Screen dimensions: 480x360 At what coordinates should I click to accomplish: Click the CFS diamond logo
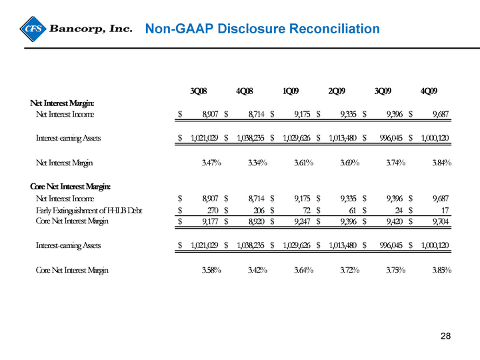click(33, 29)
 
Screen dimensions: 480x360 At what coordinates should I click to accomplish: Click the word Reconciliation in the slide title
click(334, 29)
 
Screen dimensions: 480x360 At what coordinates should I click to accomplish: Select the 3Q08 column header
click(199, 91)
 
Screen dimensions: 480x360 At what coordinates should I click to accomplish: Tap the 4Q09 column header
click(429, 91)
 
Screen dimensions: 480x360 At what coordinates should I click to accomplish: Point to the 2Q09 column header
click(337, 91)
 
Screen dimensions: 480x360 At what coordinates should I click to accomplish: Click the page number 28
click(446, 336)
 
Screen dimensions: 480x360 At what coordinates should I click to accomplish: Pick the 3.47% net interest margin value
click(211, 163)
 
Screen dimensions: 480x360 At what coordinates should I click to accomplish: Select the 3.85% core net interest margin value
click(442, 270)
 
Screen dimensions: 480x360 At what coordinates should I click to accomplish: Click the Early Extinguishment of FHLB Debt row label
click(89, 210)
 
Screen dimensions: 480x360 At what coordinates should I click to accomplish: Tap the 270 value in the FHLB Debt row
click(212, 210)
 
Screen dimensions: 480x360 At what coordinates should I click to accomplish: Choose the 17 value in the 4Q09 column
click(445, 210)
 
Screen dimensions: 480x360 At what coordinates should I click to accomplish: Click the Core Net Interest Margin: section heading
click(71, 187)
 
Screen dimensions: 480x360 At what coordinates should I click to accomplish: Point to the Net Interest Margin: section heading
click(62, 103)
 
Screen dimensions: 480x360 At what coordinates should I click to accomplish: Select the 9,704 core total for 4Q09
click(441, 221)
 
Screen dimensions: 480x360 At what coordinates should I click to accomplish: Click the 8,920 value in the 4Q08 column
click(256, 221)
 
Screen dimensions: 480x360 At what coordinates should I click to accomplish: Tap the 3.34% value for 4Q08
click(257, 163)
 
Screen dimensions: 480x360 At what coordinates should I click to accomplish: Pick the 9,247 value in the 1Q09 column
click(303, 221)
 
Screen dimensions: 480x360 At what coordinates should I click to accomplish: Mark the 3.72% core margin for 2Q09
click(349, 270)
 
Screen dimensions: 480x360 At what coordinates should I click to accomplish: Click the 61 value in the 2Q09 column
click(353, 210)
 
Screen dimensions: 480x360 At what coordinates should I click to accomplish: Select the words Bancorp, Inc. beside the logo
click(91, 29)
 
